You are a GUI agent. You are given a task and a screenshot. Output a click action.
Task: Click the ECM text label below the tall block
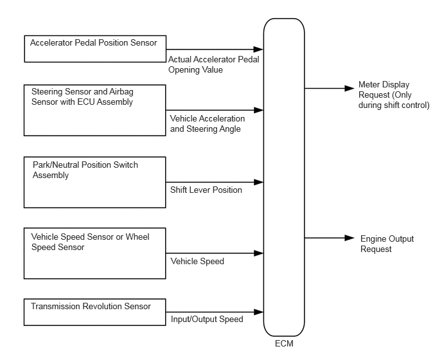(284, 344)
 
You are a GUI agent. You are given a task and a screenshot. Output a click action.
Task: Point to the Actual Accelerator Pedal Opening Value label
(214, 65)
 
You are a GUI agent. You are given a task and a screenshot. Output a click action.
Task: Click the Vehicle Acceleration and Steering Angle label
(208, 123)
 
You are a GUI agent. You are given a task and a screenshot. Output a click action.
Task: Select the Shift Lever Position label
(206, 190)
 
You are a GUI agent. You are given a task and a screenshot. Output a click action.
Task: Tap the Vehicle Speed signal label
(197, 261)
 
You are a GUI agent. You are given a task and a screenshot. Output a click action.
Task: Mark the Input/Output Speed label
(207, 319)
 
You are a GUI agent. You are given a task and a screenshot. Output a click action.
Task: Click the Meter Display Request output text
(394, 94)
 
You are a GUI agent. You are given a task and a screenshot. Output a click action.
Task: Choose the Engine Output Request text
(387, 244)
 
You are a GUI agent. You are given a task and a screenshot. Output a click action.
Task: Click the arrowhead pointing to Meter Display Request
(349, 88)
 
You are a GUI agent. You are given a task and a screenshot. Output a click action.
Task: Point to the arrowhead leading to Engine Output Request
(349, 238)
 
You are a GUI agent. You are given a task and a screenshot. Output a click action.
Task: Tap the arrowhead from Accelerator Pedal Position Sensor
(258, 50)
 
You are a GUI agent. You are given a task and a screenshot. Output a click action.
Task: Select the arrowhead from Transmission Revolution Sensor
(258, 312)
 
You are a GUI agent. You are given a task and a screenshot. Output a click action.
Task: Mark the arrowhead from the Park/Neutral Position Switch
(258, 183)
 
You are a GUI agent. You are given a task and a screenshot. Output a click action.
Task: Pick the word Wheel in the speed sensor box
(137, 237)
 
